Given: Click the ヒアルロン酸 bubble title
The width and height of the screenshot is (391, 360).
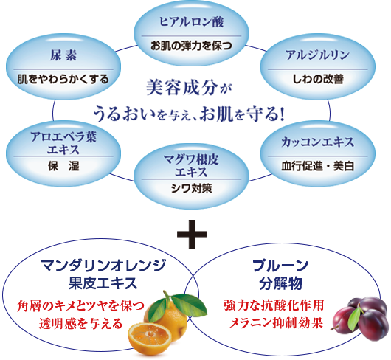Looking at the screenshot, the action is (191, 22).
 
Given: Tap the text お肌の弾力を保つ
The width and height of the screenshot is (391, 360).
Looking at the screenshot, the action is (191, 46).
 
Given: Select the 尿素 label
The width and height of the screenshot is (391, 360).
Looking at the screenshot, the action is (63, 55).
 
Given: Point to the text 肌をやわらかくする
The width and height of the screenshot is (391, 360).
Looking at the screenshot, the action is (63, 79).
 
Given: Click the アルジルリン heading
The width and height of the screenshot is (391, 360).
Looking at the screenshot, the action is (317, 55).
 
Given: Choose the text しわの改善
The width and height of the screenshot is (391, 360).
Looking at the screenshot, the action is (318, 79).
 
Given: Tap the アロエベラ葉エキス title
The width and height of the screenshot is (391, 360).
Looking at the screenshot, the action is (63, 143).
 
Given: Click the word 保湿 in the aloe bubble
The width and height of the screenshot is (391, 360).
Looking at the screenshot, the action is (63, 166).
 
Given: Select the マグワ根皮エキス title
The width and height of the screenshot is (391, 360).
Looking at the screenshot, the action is (191, 165).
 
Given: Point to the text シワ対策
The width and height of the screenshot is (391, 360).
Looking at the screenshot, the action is (192, 188).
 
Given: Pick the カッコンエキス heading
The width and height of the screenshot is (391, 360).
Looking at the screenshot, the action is (317, 142).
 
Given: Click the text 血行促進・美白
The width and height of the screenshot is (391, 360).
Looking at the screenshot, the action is (318, 166).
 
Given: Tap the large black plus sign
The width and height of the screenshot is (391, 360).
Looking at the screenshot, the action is (192, 234).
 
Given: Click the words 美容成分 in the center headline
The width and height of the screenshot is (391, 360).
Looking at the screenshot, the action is (182, 87).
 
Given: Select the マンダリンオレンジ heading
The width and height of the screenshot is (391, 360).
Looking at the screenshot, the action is (103, 266).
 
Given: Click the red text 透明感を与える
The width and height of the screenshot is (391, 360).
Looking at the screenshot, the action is (81, 324).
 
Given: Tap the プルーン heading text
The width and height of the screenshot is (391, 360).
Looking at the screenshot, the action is (280, 266).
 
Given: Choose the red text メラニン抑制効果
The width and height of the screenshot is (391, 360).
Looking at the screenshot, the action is (276, 323).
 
